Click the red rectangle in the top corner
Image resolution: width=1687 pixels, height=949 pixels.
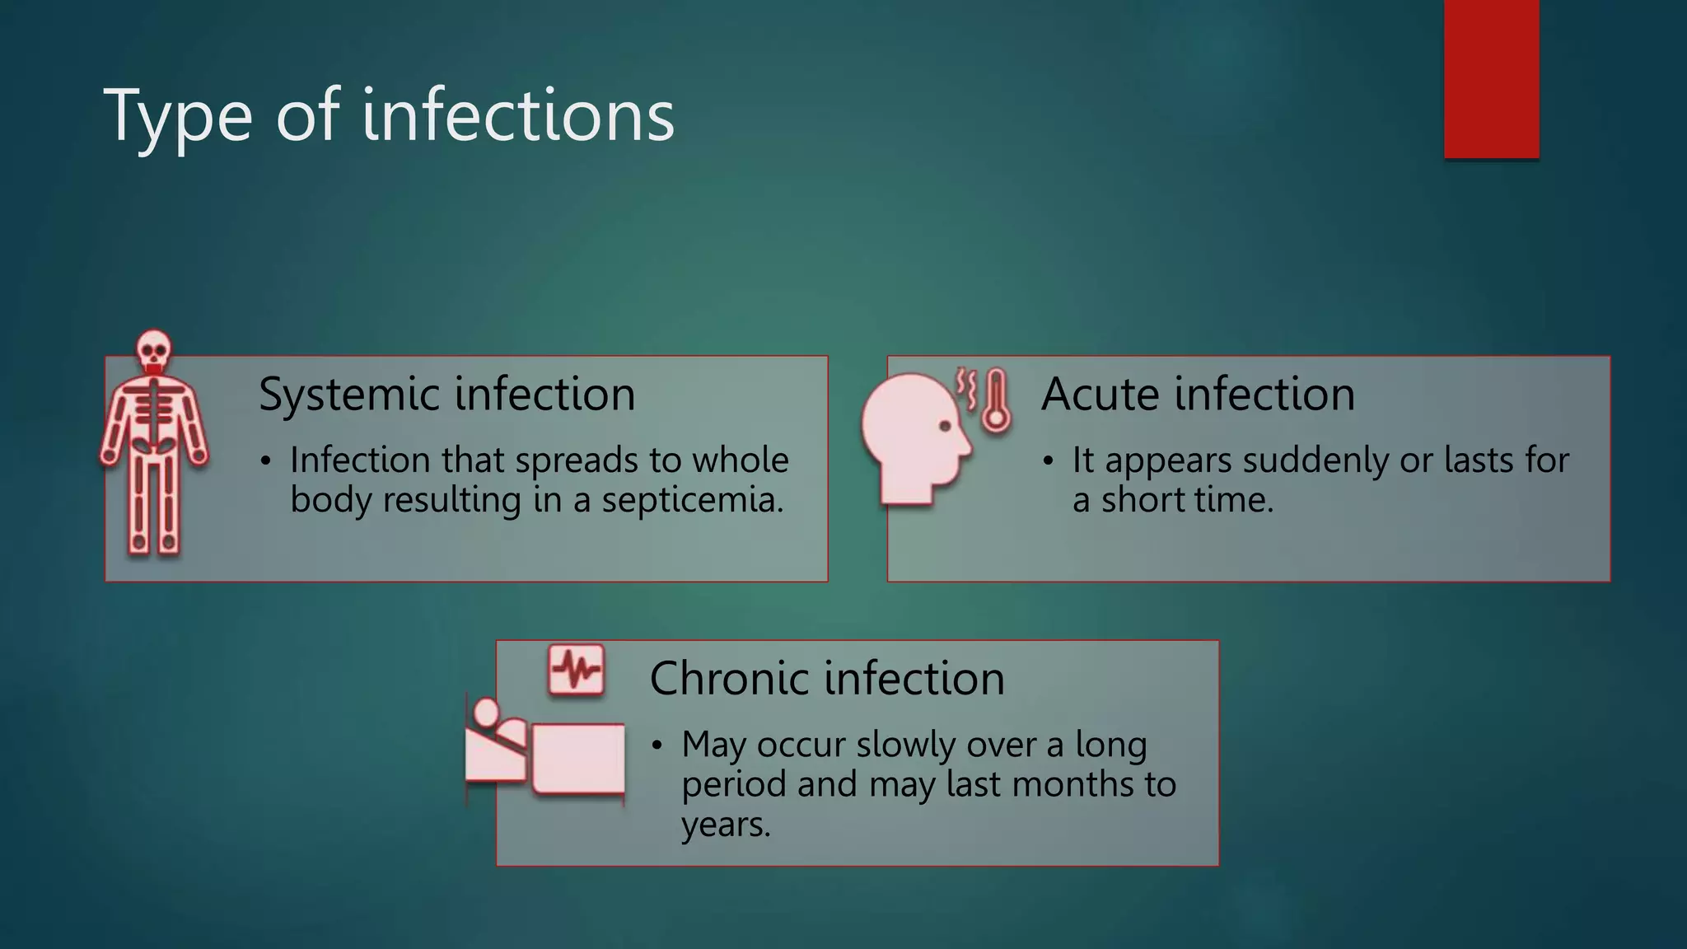point(1491,78)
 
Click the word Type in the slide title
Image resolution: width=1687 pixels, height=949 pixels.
point(177,117)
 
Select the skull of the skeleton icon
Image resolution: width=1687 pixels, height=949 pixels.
point(153,351)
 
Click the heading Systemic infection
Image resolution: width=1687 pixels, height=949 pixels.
point(446,394)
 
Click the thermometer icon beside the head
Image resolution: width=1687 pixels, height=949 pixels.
point(996,400)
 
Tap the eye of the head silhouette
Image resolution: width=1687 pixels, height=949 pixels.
point(945,426)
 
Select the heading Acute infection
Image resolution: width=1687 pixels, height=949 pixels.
point(1198,394)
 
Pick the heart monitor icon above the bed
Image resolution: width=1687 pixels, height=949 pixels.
point(576,670)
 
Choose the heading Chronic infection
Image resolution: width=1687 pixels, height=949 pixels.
point(827,678)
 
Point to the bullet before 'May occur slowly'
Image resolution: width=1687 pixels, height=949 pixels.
point(657,746)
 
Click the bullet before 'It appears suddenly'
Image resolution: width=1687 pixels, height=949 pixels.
point(1048,462)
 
